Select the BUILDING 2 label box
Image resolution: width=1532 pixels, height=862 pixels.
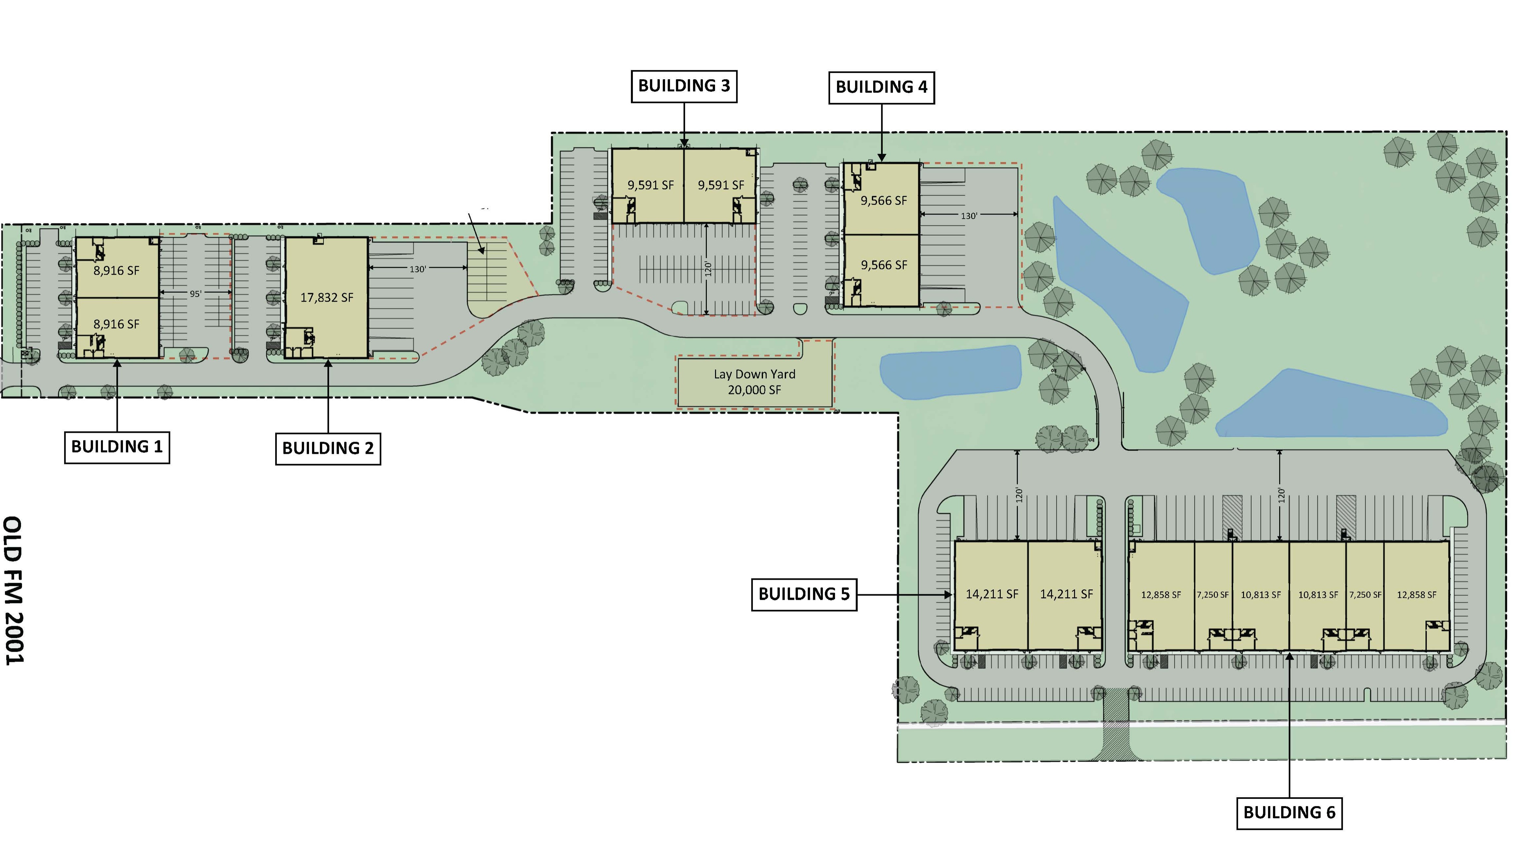328,449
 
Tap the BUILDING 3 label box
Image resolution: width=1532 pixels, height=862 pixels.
684,86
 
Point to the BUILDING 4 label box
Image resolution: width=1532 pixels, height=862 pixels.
881,87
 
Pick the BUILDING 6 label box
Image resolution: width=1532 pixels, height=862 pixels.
1289,813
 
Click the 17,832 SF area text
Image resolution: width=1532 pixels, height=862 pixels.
326,297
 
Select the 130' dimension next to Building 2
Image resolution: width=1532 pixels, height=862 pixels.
418,269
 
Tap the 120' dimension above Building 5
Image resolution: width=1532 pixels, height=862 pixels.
1019,495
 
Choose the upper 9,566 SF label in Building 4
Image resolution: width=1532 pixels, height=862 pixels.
884,201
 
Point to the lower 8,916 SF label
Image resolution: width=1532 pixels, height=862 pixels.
117,324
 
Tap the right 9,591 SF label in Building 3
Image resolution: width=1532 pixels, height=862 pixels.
721,185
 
